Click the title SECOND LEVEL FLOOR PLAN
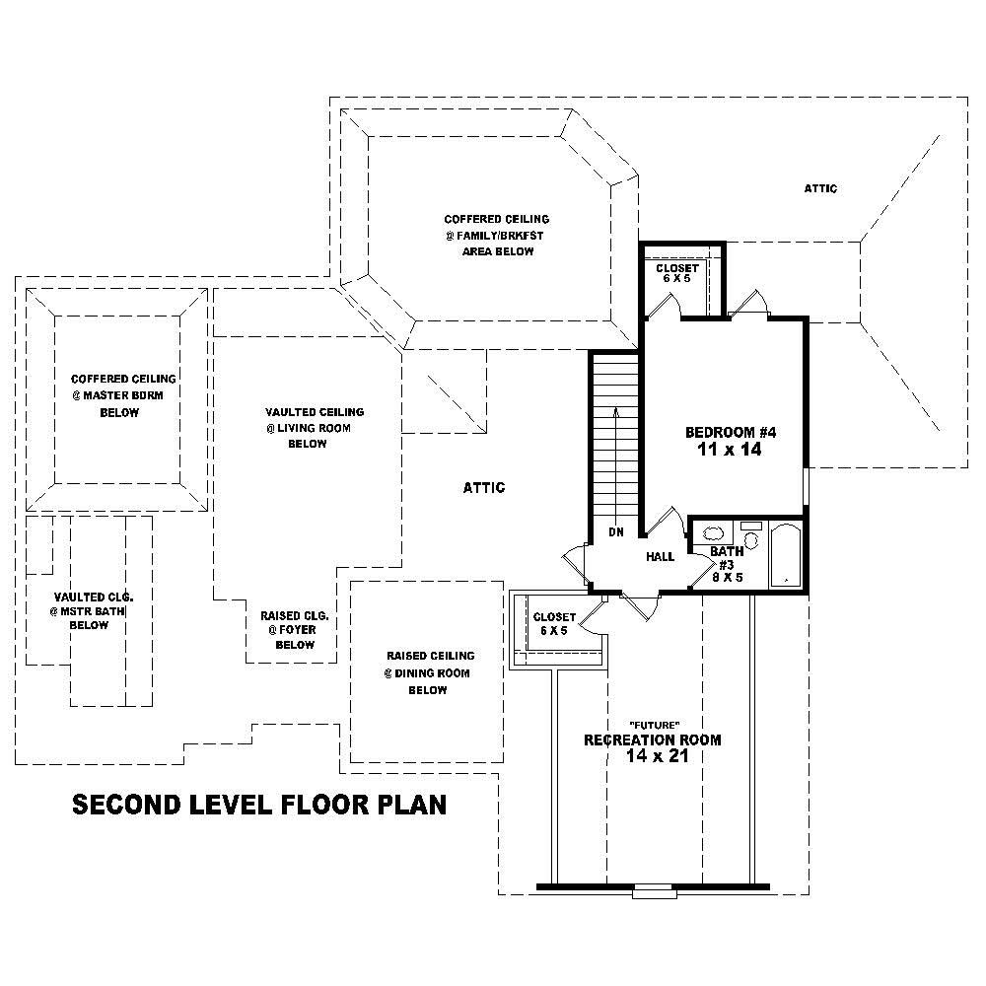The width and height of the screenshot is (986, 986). click(x=259, y=805)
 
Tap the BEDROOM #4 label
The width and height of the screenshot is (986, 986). click(x=732, y=432)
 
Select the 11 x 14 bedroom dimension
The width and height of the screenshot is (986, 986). click(x=732, y=450)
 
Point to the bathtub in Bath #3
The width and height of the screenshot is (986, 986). click(x=786, y=555)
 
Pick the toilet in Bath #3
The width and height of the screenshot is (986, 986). click(x=750, y=537)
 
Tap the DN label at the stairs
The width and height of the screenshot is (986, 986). click(x=615, y=532)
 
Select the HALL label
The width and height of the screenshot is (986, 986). click(x=660, y=557)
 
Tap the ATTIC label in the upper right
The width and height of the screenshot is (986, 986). click(x=820, y=188)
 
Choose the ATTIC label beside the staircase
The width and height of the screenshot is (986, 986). click(x=484, y=487)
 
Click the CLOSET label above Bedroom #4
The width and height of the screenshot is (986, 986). click(x=677, y=268)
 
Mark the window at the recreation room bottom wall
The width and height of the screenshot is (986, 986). click(x=651, y=892)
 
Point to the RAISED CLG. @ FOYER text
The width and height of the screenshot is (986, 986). click(x=295, y=629)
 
